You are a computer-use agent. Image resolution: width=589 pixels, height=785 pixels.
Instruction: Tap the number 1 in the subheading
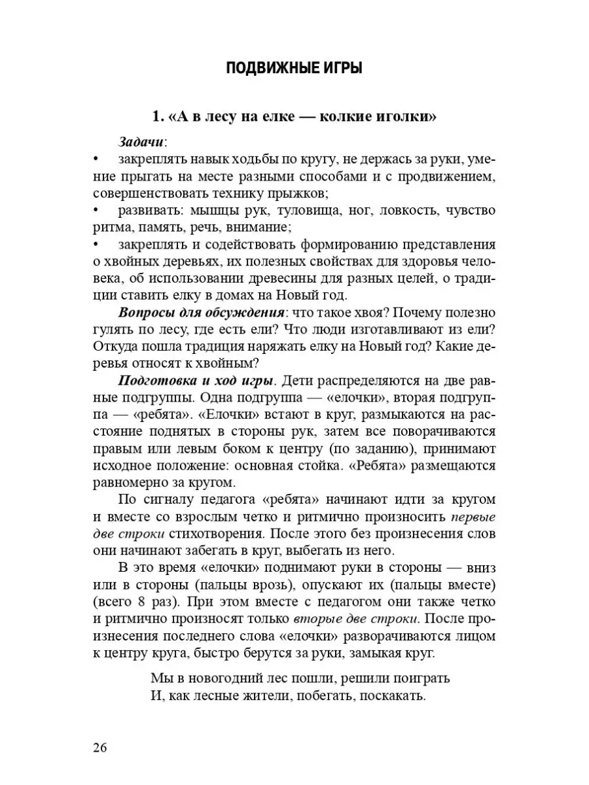[x=156, y=117]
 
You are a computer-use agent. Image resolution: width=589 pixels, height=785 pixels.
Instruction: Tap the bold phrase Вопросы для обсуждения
[x=201, y=314]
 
